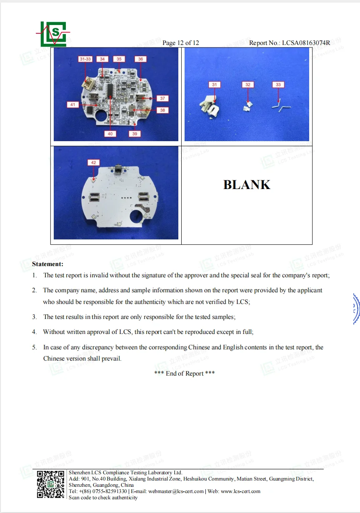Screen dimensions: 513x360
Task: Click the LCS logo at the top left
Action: (54, 34)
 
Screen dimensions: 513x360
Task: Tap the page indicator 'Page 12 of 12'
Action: (180, 43)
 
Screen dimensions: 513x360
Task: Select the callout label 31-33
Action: (85, 59)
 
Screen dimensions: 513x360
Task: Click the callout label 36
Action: (140, 59)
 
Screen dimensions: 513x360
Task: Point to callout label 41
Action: (72, 105)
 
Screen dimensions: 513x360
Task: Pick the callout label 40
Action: (110, 134)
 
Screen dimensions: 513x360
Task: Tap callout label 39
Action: (135, 134)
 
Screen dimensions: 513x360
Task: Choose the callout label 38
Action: (162, 110)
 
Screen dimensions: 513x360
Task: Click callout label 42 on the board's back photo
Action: (93, 162)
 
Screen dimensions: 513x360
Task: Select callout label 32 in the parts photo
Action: (248, 85)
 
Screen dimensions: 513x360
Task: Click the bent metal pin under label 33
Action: (279, 105)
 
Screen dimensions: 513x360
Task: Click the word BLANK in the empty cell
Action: (247, 185)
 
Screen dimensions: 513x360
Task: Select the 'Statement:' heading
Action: (47, 264)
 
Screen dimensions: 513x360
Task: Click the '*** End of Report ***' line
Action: (184, 374)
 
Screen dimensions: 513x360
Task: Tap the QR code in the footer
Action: (51, 484)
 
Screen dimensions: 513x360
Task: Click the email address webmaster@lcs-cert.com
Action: (176, 491)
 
